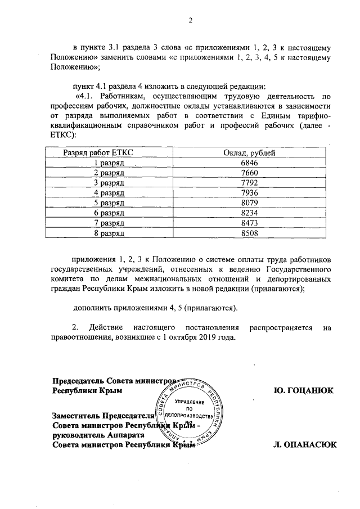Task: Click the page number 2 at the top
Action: (190, 21)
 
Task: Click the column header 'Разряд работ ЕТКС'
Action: (98, 152)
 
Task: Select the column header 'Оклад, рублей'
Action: (244, 152)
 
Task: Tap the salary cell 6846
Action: (244, 163)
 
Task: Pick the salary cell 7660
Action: (244, 173)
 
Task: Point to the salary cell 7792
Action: (244, 183)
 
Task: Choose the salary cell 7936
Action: (244, 192)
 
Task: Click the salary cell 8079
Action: (244, 202)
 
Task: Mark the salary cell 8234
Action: (244, 213)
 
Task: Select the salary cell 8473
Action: (244, 223)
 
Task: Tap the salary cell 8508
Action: (244, 233)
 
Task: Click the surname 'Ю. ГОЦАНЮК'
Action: (302, 389)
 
